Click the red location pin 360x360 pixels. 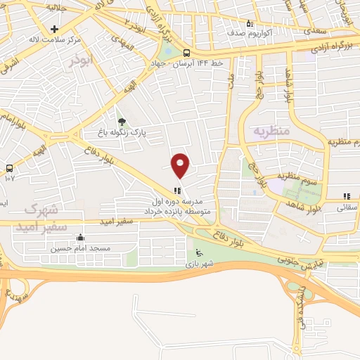point(181,165)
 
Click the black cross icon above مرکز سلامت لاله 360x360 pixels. point(55,29)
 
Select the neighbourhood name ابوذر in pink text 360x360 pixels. point(81,61)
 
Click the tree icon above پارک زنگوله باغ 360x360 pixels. point(121,122)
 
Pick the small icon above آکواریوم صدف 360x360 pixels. point(247,22)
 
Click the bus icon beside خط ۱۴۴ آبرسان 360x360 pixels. point(186,53)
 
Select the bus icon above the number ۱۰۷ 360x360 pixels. point(9,168)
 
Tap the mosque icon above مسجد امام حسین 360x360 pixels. point(79,238)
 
